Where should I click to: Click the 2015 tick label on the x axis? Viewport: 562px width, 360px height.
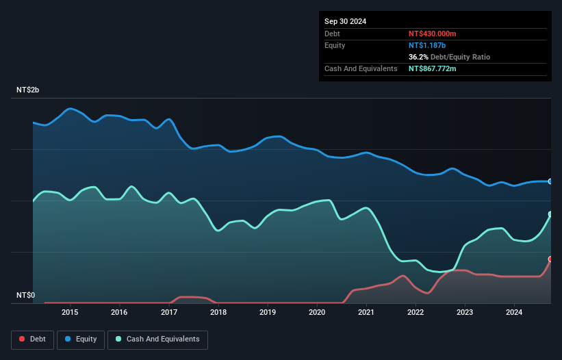70,313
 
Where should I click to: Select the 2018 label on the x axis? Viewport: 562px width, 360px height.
218,313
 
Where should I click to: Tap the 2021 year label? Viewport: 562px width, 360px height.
366,313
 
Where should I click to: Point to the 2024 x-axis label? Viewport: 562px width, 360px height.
514,313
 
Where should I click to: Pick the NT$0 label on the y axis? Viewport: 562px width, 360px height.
26,296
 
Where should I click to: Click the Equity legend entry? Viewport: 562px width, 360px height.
81,339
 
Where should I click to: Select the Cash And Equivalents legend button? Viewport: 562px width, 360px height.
157,339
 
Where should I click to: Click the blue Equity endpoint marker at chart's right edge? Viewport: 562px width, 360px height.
550,181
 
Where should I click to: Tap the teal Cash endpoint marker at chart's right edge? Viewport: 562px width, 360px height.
550,214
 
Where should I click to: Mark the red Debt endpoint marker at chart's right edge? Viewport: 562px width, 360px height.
550,259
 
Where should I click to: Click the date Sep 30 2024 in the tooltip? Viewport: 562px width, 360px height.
346,21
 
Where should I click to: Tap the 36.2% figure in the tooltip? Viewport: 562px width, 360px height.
419,57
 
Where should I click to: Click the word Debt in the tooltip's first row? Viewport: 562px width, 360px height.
332,34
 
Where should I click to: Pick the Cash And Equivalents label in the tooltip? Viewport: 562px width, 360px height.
361,68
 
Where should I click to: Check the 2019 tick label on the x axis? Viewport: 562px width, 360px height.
268,313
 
